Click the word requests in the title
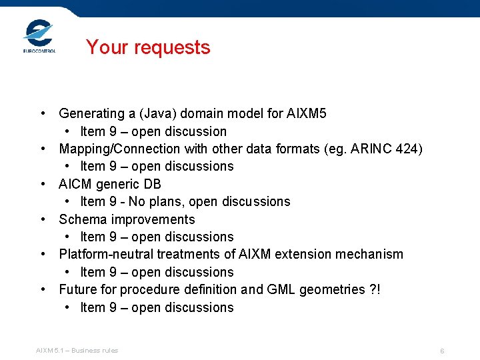pos(173,47)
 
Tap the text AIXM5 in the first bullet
pos(307,113)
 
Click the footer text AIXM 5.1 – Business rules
pos(77,350)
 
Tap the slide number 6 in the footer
pos(441,351)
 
